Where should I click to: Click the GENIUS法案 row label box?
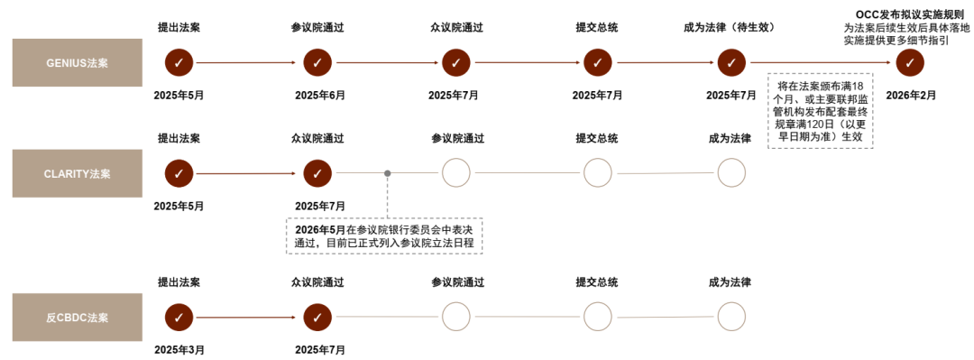(78, 62)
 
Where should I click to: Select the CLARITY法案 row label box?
(78, 173)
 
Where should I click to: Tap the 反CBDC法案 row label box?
(78, 317)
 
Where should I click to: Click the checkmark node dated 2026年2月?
(910, 62)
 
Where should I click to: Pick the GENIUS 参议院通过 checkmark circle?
(317, 62)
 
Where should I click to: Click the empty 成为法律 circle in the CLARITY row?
(731, 173)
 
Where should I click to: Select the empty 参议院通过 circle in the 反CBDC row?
(456, 317)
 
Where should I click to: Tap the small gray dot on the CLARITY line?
(388, 173)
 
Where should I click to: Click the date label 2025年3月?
(179, 350)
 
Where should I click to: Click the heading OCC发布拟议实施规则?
(910, 14)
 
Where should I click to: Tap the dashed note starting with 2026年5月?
(384, 236)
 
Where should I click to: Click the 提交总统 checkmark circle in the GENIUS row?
(598, 62)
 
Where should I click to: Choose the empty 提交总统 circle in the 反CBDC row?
(598, 317)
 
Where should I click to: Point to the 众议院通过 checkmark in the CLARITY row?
(317, 173)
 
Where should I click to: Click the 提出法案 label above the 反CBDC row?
(179, 282)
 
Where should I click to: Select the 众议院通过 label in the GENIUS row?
(456, 27)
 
